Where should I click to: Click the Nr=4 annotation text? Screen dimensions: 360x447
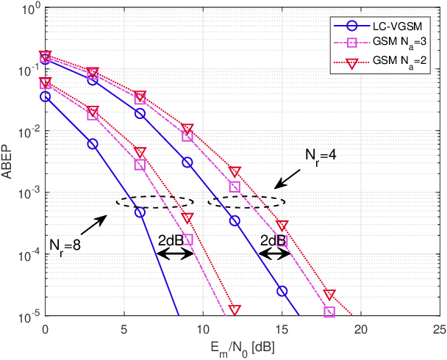click(322, 155)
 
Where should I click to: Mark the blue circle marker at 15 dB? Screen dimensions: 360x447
click(282, 291)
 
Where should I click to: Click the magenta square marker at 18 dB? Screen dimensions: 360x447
click(329, 312)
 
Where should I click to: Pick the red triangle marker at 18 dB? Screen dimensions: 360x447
click(329, 294)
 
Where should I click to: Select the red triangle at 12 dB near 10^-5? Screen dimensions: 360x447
click(235, 310)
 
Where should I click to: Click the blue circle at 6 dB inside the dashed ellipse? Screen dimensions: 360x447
click(140, 213)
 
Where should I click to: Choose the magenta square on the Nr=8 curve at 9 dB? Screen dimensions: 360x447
click(187, 240)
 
